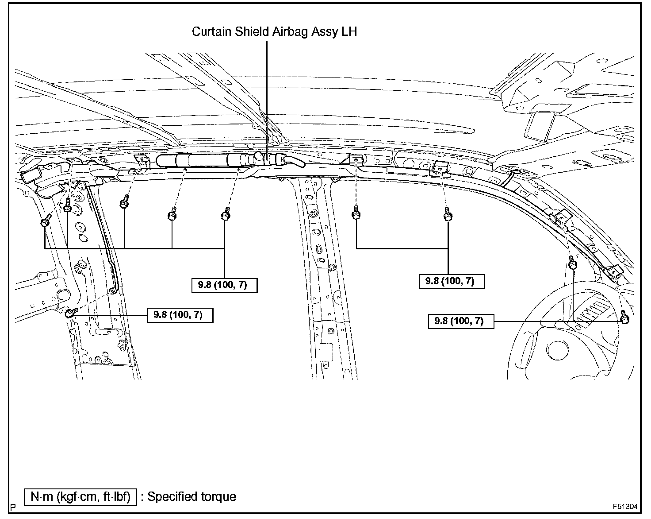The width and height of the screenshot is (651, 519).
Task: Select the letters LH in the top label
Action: coord(349,32)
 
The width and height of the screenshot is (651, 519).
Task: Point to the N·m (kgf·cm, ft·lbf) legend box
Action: coord(80,497)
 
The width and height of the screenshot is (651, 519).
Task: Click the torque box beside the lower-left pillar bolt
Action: coord(180,315)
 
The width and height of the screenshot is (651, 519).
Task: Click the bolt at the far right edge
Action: coord(624,319)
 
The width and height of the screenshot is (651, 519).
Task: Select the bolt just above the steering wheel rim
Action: coord(572,264)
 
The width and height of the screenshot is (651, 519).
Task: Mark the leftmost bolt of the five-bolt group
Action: coord(45,221)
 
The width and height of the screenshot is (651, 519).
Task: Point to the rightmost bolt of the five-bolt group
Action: coord(225,215)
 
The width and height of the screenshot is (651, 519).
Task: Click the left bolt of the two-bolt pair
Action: coord(356,215)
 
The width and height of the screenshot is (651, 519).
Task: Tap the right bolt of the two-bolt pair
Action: coord(448,216)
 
